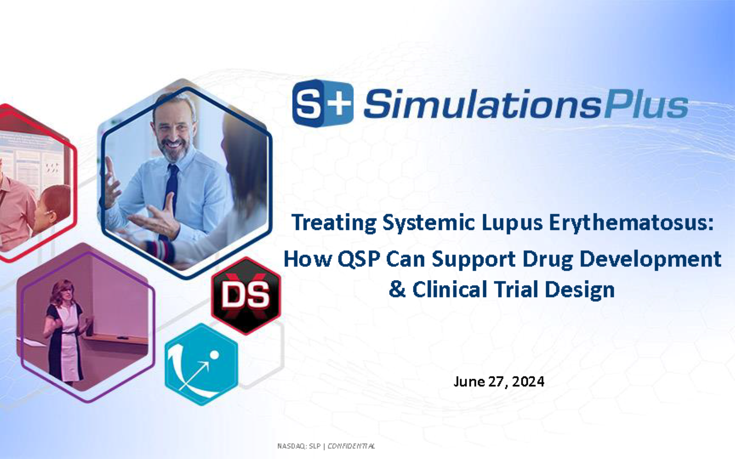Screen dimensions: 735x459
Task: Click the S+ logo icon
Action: pyautogui.click(x=323, y=103)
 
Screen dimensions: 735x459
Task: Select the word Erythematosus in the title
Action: pyautogui.click(x=631, y=223)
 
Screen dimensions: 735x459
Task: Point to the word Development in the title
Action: pyautogui.click(x=650, y=259)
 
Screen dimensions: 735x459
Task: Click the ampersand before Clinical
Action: pyautogui.click(x=397, y=289)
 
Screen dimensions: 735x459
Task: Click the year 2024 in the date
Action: pyautogui.click(x=528, y=381)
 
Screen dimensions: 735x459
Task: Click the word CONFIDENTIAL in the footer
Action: pyautogui.click(x=351, y=446)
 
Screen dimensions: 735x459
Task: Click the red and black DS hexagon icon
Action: pyautogui.click(x=246, y=296)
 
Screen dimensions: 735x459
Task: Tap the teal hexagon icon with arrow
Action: pyautogui.click(x=201, y=364)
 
